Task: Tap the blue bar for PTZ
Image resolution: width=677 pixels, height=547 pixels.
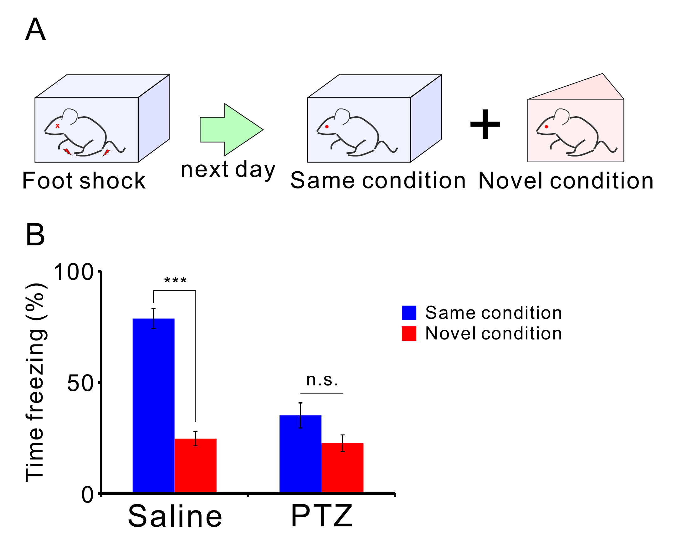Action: (x=300, y=454)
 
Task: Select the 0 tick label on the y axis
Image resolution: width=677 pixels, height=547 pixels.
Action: (x=87, y=495)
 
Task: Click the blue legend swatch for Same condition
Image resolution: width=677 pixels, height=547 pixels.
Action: (x=409, y=313)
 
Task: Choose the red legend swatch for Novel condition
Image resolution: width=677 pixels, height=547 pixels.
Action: (x=409, y=334)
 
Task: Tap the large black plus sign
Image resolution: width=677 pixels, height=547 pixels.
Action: (x=485, y=124)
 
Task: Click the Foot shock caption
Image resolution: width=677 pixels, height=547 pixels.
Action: (x=84, y=181)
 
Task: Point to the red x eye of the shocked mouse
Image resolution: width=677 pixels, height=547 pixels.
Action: (x=57, y=126)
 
